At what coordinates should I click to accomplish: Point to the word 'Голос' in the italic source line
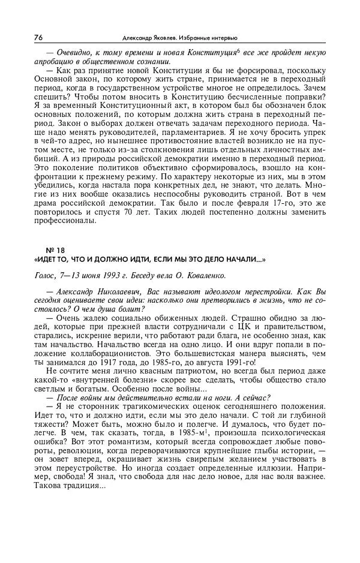(46, 276)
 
